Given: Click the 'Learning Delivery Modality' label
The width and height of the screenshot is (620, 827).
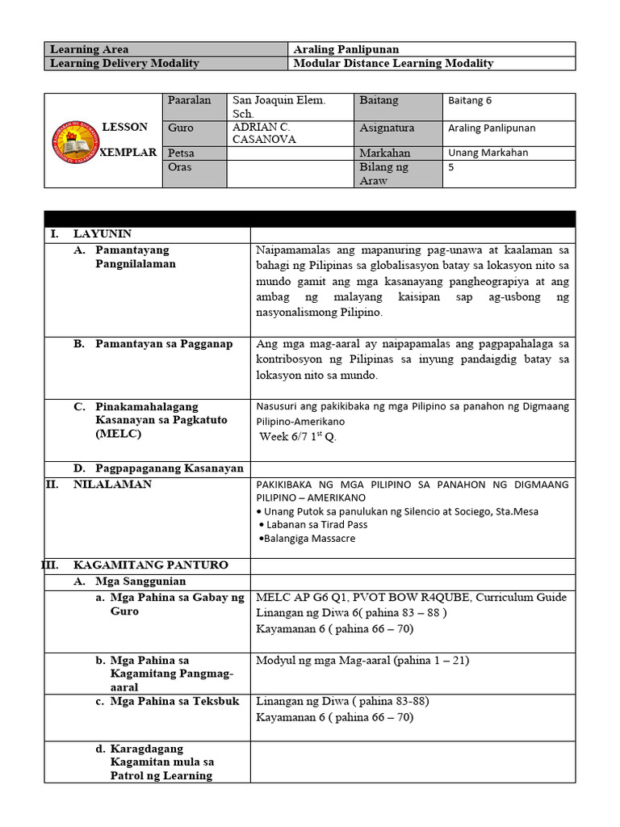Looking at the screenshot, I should tap(124, 63).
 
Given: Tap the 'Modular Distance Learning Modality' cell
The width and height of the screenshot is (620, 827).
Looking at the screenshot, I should tap(394, 63).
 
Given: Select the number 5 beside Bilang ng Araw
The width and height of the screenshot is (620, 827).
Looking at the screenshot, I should tap(451, 167).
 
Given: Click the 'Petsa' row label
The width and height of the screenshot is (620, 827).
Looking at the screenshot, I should tap(181, 153).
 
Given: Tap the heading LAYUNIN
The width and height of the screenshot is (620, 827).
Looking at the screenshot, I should tap(102, 233).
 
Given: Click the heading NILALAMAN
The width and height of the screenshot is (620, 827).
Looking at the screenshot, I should tap(112, 484).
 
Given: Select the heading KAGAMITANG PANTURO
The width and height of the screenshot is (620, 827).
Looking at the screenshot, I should tap(150, 565).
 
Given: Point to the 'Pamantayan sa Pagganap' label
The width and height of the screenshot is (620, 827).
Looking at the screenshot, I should tap(164, 343).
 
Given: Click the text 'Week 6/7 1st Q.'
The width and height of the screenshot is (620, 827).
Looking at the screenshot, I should tap(298, 437).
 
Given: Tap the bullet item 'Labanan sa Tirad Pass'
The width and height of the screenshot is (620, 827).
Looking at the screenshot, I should tap(313, 524).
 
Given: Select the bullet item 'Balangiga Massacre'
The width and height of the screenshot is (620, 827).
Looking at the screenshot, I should tap(307, 538).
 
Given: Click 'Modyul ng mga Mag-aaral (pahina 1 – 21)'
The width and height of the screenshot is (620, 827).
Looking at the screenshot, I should tap(362, 660).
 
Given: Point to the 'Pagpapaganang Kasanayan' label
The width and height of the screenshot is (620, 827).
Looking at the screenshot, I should tap(170, 468).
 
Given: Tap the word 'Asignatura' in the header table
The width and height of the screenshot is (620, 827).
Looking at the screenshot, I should tap(387, 128).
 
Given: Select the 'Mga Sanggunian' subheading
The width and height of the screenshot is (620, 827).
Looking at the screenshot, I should tap(140, 581).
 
